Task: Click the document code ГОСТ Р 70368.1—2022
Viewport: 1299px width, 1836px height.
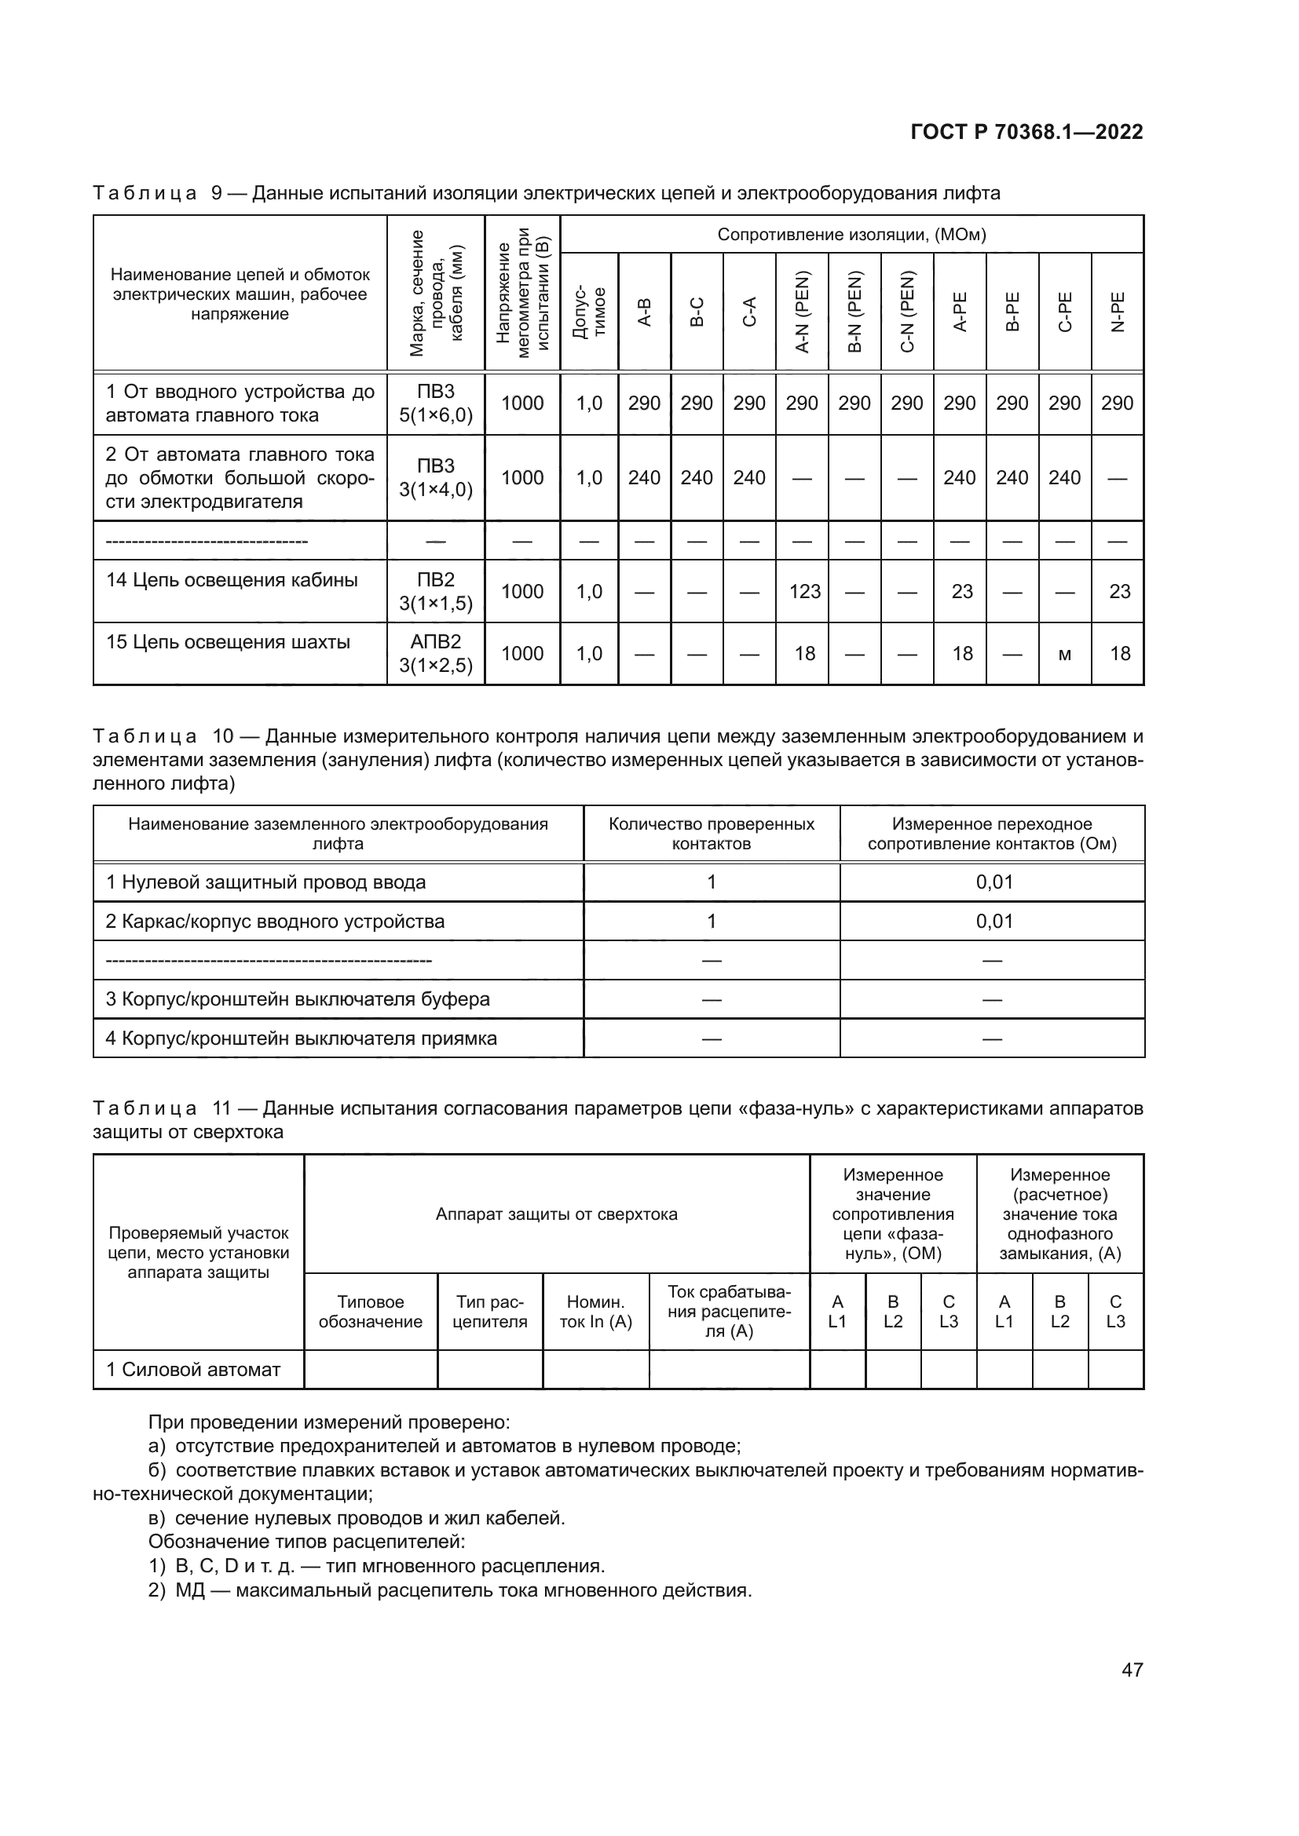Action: (x=1026, y=132)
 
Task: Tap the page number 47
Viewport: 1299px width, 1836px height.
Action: (x=1132, y=1670)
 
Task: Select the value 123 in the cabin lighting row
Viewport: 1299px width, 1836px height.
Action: (x=804, y=591)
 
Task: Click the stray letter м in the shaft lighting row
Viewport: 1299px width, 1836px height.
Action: (x=1064, y=654)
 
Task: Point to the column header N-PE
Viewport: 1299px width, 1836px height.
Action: (x=1118, y=312)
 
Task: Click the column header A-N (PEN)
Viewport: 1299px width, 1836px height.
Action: (x=803, y=312)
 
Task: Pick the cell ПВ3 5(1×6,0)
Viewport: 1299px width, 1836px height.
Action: (x=436, y=403)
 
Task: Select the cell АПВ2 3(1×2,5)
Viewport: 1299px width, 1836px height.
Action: (x=436, y=653)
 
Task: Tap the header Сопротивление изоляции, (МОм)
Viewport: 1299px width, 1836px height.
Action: (x=851, y=234)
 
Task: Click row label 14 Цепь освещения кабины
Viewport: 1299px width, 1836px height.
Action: (x=232, y=580)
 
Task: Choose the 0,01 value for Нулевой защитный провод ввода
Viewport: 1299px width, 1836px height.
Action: (x=993, y=882)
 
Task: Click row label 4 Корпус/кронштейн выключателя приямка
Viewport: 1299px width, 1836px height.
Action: (x=302, y=1038)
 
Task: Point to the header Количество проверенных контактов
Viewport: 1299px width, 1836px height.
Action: (x=711, y=834)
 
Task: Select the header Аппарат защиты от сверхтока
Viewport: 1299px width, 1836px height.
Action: (x=556, y=1214)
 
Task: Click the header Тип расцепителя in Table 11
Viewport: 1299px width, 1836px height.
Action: (x=489, y=1312)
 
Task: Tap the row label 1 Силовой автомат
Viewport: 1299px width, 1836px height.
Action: (x=193, y=1369)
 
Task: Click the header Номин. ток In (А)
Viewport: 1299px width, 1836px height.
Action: (x=595, y=1312)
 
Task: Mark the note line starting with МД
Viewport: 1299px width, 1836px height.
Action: (x=449, y=1590)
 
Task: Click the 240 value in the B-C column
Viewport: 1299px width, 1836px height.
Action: (x=696, y=477)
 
